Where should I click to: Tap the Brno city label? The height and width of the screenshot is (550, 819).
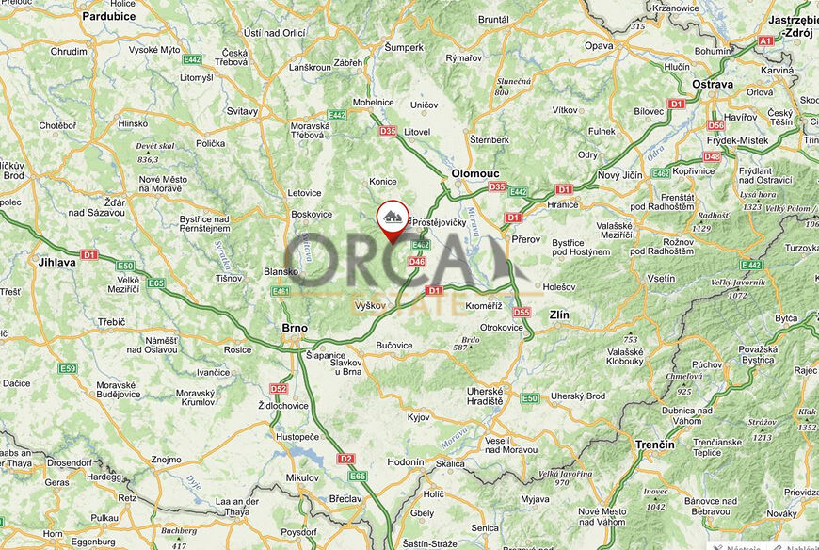point(295,328)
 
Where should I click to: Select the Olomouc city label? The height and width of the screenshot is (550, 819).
point(474,173)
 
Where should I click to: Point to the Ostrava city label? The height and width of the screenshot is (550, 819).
point(713,84)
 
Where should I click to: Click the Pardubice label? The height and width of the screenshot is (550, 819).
point(109,16)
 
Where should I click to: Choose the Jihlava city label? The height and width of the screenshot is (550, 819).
point(56,262)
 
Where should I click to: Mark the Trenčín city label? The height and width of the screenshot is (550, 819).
point(655,444)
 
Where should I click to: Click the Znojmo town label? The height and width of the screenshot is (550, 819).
point(166,460)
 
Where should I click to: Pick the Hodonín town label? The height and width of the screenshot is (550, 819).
point(406,462)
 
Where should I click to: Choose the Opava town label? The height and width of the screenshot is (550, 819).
point(599,45)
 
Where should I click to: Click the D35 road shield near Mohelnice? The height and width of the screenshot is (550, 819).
point(388,131)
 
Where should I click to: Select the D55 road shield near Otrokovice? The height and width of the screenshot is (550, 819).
point(521,312)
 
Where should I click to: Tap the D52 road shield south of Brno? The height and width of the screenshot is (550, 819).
point(278,388)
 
